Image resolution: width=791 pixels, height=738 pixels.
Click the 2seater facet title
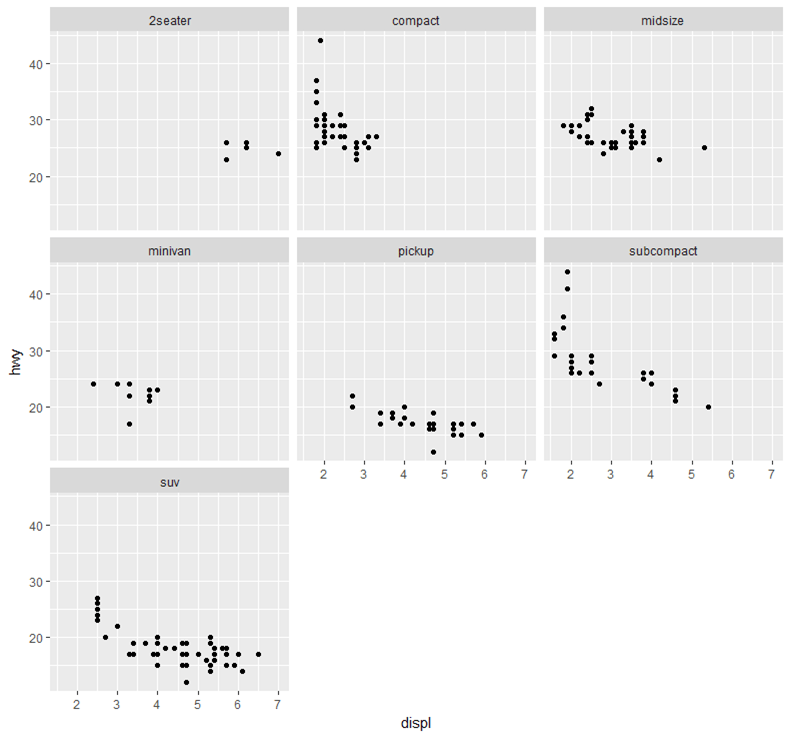pos(169,20)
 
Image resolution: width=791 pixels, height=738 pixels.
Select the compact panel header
pos(416,20)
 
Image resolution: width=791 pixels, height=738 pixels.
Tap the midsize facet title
pos(663,20)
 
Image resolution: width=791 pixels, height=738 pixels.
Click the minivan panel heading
pos(169,250)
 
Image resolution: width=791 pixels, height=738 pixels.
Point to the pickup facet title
pos(416,250)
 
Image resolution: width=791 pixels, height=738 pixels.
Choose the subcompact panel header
pos(663,250)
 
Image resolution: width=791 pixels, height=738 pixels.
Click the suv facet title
pos(169,481)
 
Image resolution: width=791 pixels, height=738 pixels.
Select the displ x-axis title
pos(416,723)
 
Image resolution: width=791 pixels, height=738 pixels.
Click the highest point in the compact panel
pos(320,41)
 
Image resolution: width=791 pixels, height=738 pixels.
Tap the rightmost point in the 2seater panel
pos(278,154)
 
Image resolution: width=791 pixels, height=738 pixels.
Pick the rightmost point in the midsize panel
pos(704,148)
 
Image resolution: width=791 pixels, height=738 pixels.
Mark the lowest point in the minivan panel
pos(129,424)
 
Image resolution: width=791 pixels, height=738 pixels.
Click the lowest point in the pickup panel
pos(433,452)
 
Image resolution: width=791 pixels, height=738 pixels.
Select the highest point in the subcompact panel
pos(567,272)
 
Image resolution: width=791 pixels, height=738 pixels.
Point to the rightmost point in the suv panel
pos(258,655)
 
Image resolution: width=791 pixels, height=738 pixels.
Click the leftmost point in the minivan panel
pos(93,384)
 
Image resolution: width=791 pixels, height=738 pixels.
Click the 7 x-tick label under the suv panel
pos(278,699)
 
